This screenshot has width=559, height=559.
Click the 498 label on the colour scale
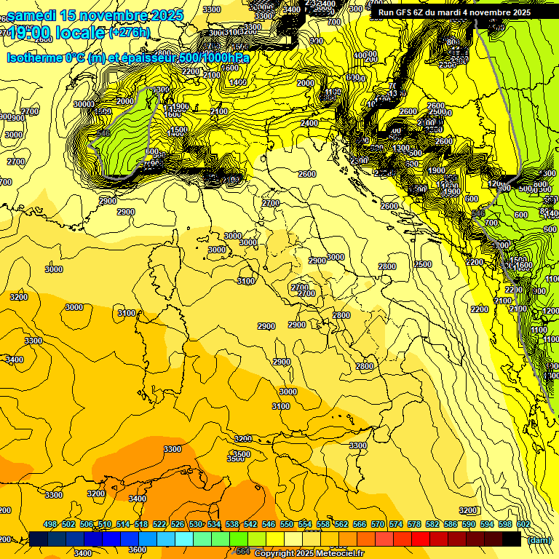tap(50, 524)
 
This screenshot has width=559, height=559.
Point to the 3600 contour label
tap(138, 550)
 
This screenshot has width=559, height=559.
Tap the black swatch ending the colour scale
tap(512, 539)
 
